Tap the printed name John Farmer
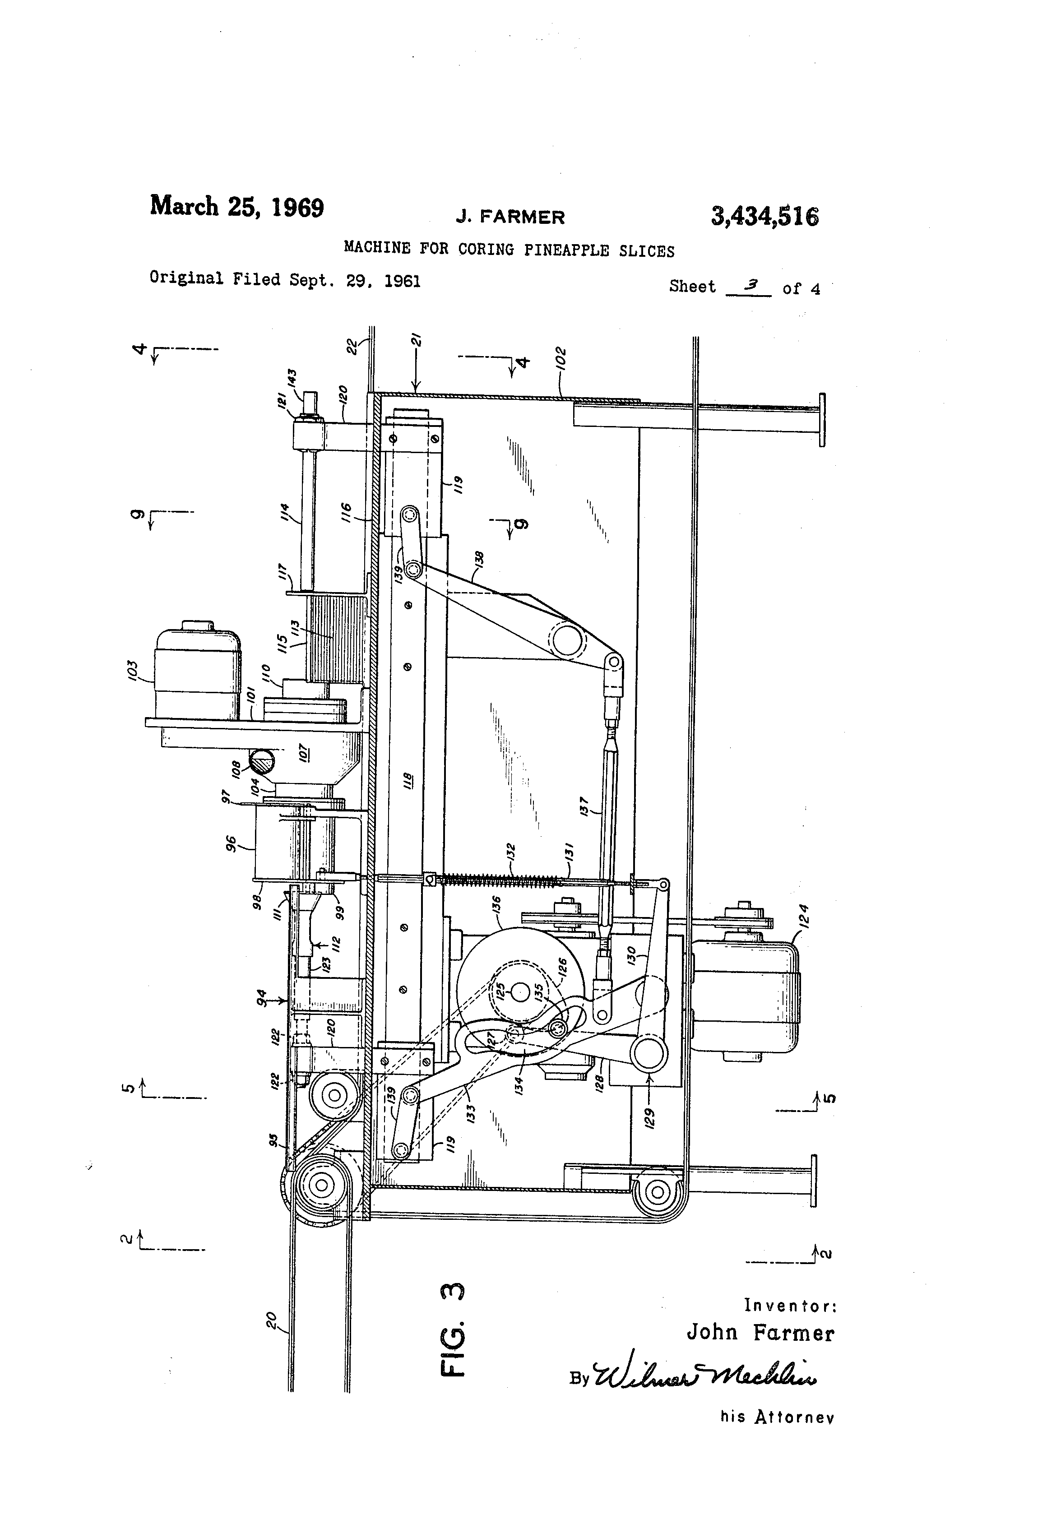[x=760, y=1332]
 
